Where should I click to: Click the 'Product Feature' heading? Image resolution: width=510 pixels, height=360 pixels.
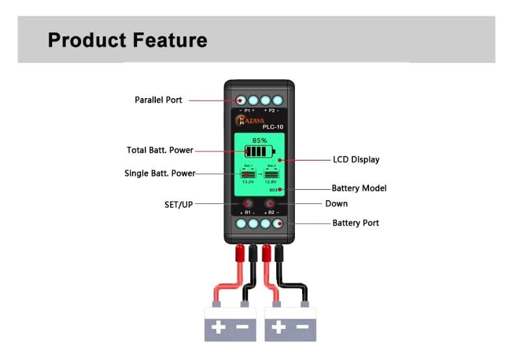click(x=127, y=40)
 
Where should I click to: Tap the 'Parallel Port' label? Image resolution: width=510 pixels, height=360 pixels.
click(x=159, y=100)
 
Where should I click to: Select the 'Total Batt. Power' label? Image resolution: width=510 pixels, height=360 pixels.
click(x=160, y=150)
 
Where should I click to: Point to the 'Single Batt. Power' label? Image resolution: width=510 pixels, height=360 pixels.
click(x=159, y=174)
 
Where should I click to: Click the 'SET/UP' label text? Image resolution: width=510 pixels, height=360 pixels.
click(x=179, y=204)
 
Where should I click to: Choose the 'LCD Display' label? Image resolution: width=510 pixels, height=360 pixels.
click(x=356, y=159)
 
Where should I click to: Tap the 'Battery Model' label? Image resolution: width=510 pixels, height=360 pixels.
click(x=359, y=188)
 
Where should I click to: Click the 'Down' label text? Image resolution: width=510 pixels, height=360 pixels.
click(x=336, y=203)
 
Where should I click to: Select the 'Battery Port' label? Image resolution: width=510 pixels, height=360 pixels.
click(x=355, y=223)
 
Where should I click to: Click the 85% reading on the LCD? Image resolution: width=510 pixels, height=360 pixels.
click(x=259, y=140)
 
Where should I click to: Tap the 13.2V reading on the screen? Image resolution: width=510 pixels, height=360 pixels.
click(x=248, y=182)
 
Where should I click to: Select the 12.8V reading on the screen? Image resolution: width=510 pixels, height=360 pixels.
click(x=271, y=182)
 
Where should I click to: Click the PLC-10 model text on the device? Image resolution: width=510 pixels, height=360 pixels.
click(x=272, y=127)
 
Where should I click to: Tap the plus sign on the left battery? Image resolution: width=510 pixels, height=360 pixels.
click(x=218, y=328)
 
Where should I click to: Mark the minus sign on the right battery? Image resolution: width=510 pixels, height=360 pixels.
click(x=303, y=328)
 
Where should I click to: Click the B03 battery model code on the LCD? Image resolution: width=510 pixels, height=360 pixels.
click(x=273, y=190)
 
